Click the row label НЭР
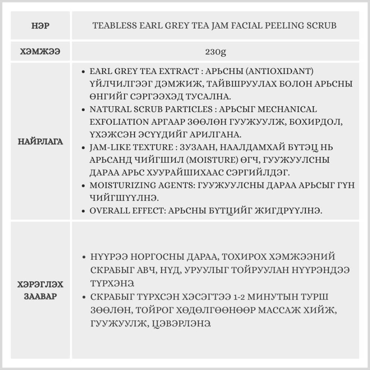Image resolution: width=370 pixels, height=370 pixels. coord(41,26)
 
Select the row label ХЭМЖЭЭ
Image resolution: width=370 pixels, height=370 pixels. coord(41,51)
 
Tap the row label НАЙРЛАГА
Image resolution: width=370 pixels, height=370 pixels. coord(41,142)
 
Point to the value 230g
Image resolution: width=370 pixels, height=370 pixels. coord(215,51)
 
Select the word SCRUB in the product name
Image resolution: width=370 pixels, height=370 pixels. coord(322,26)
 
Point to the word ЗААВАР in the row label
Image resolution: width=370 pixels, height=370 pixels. coord(41,297)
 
